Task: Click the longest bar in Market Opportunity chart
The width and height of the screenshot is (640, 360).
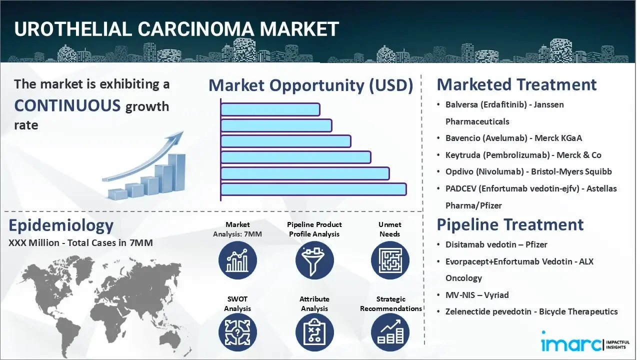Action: [x=313, y=189]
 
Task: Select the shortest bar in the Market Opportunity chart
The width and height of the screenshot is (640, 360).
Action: [x=270, y=109]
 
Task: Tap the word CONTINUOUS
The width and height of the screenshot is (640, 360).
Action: [x=67, y=105]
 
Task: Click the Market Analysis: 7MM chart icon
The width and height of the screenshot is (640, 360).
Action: [x=237, y=260]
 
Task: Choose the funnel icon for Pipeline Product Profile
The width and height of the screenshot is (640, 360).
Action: [x=314, y=260]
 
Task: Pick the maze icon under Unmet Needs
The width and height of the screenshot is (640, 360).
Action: [x=389, y=260]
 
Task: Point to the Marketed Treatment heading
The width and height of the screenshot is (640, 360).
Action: [x=516, y=84]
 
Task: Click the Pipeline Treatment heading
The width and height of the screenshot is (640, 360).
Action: [x=510, y=224]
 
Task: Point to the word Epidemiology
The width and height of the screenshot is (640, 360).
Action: [x=61, y=225]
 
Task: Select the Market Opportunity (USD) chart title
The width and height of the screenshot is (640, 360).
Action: [x=310, y=85]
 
